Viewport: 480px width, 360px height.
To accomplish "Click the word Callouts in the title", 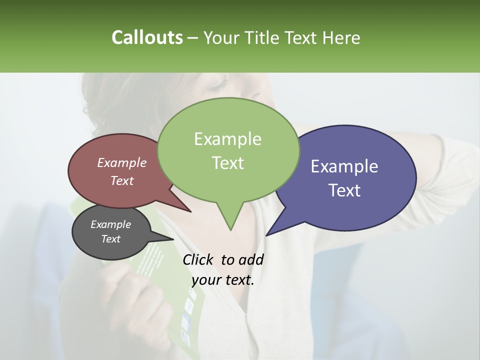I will point(147,37).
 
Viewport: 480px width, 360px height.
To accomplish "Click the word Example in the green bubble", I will point(227,139).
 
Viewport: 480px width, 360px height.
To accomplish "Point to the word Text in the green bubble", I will point(227,163).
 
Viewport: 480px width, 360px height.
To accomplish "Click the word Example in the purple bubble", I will point(344,166).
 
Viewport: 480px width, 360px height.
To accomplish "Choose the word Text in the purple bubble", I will point(344,190).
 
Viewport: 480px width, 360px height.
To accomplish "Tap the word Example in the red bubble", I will point(122,162).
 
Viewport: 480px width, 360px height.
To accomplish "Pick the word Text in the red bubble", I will point(122,180).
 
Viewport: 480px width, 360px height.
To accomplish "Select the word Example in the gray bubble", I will point(110,224).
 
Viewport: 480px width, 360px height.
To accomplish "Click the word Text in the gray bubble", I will point(110,239).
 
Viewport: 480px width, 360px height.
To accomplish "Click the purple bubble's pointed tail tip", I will point(267,235).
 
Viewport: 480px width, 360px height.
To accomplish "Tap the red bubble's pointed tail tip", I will point(190,211).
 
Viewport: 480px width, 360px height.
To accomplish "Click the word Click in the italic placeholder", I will point(198,259).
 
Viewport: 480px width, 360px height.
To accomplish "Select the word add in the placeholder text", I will point(251,259).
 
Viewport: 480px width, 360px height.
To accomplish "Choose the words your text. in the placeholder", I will point(223,280).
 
